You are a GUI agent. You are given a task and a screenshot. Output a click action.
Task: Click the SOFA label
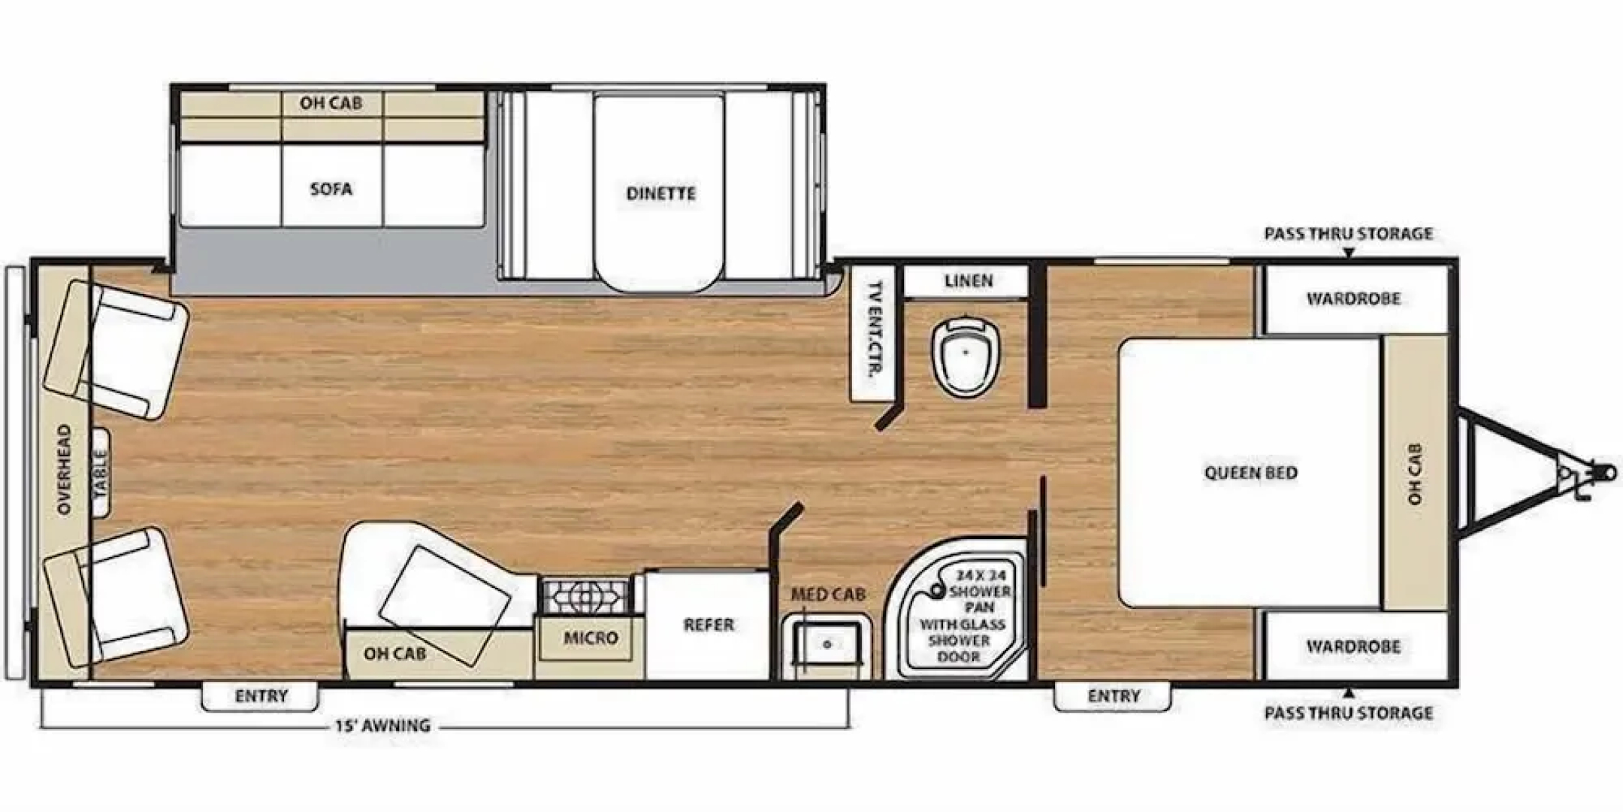[331, 189]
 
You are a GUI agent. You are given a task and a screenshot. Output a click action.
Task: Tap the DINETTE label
[661, 193]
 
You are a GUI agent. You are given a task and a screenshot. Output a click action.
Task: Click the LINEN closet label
[969, 281]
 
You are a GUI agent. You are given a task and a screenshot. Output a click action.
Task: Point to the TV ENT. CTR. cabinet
[872, 333]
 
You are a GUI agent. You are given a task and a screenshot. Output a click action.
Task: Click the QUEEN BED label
[1251, 473]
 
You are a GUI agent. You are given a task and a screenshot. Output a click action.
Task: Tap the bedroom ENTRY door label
[1114, 697]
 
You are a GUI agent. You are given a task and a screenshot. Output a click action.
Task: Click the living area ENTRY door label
[261, 696]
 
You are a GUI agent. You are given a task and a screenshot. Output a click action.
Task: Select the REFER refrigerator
[708, 626]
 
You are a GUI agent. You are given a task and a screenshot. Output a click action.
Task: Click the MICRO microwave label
[591, 638]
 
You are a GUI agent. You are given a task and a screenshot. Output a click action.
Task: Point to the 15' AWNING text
[383, 726]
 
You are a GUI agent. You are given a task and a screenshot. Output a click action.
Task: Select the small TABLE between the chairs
[101, 473]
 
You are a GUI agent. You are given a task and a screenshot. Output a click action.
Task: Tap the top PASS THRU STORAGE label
[1349, 234]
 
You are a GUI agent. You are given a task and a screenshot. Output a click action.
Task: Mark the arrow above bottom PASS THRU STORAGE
[1349, 692]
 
